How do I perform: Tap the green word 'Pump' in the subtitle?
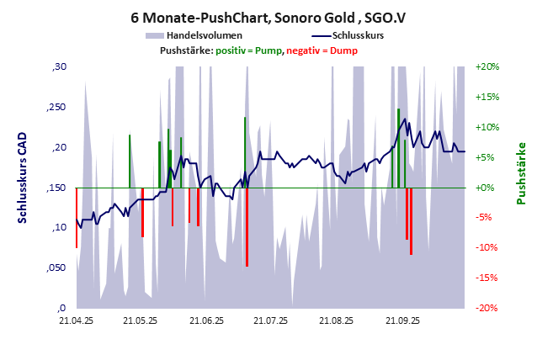point(268,51)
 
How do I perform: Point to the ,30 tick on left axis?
point(59,66)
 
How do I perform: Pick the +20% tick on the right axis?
point(487,66)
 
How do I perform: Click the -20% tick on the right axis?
point(487,308)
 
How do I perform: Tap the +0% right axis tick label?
point(489,188)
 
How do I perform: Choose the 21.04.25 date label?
point(75,320)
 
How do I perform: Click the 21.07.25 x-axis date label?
point(271,320)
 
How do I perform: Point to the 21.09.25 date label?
point(402,320)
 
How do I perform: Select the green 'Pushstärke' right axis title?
point(521,172)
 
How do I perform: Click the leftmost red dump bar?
point(77,217)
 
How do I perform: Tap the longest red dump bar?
point(247,226)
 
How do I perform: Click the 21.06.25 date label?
point(205,320)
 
